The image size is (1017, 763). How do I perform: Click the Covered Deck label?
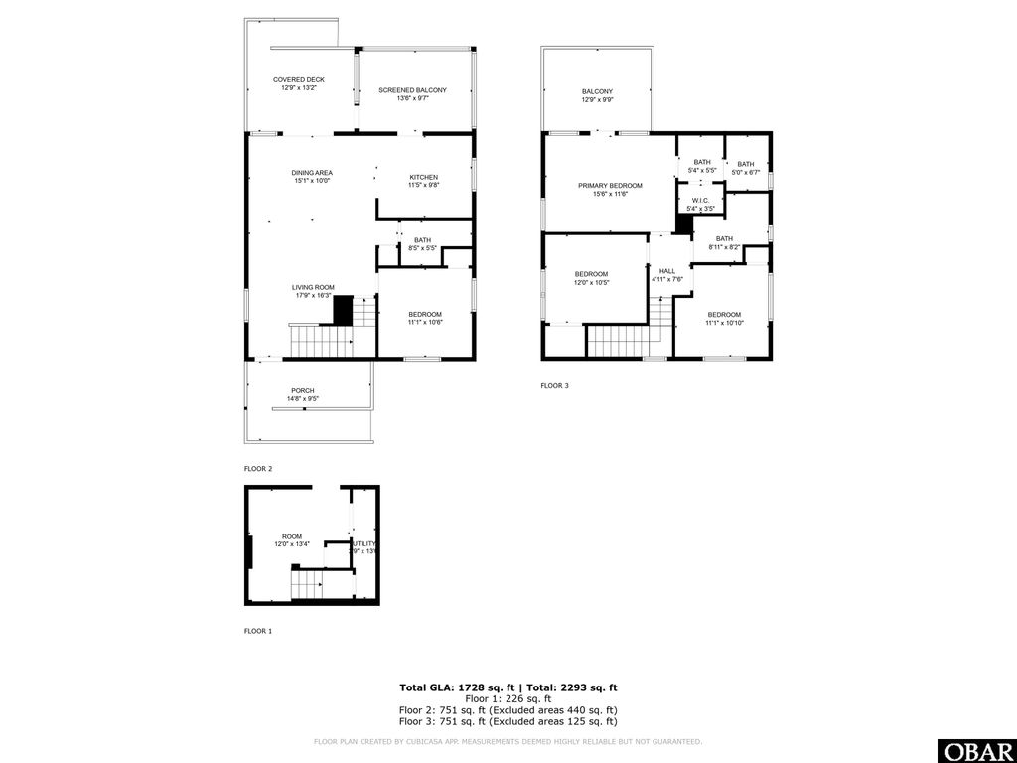click(299, 84)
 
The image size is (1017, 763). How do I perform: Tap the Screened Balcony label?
click(412, 94)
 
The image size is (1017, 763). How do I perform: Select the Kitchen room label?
click(423, 181)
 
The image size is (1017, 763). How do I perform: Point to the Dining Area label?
click(312, 177)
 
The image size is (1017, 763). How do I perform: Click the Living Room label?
click(313, 291)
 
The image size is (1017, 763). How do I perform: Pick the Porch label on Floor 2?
click(303, 394)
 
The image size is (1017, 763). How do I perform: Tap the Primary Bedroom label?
click(610, 189)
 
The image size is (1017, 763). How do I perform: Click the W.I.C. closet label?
click(702, 204)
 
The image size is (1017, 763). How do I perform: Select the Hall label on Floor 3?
click(666, 274)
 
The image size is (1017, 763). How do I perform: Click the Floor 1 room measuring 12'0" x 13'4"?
click(292, 539)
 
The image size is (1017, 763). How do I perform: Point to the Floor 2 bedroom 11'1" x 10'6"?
click(424, 318)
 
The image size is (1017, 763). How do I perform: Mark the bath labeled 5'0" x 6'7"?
click(746, 168)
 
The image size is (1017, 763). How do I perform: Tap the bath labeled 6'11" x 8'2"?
click(724, 242)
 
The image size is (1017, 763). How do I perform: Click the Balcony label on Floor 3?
click(597, 96)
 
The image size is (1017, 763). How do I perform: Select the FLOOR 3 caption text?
click(554, 386)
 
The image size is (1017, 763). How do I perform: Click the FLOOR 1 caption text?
click(258, 631)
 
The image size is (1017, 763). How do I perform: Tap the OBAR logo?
click(976, 750)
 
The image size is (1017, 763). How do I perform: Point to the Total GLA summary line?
click(508, 687)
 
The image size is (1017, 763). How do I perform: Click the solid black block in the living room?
click(343, 310)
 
